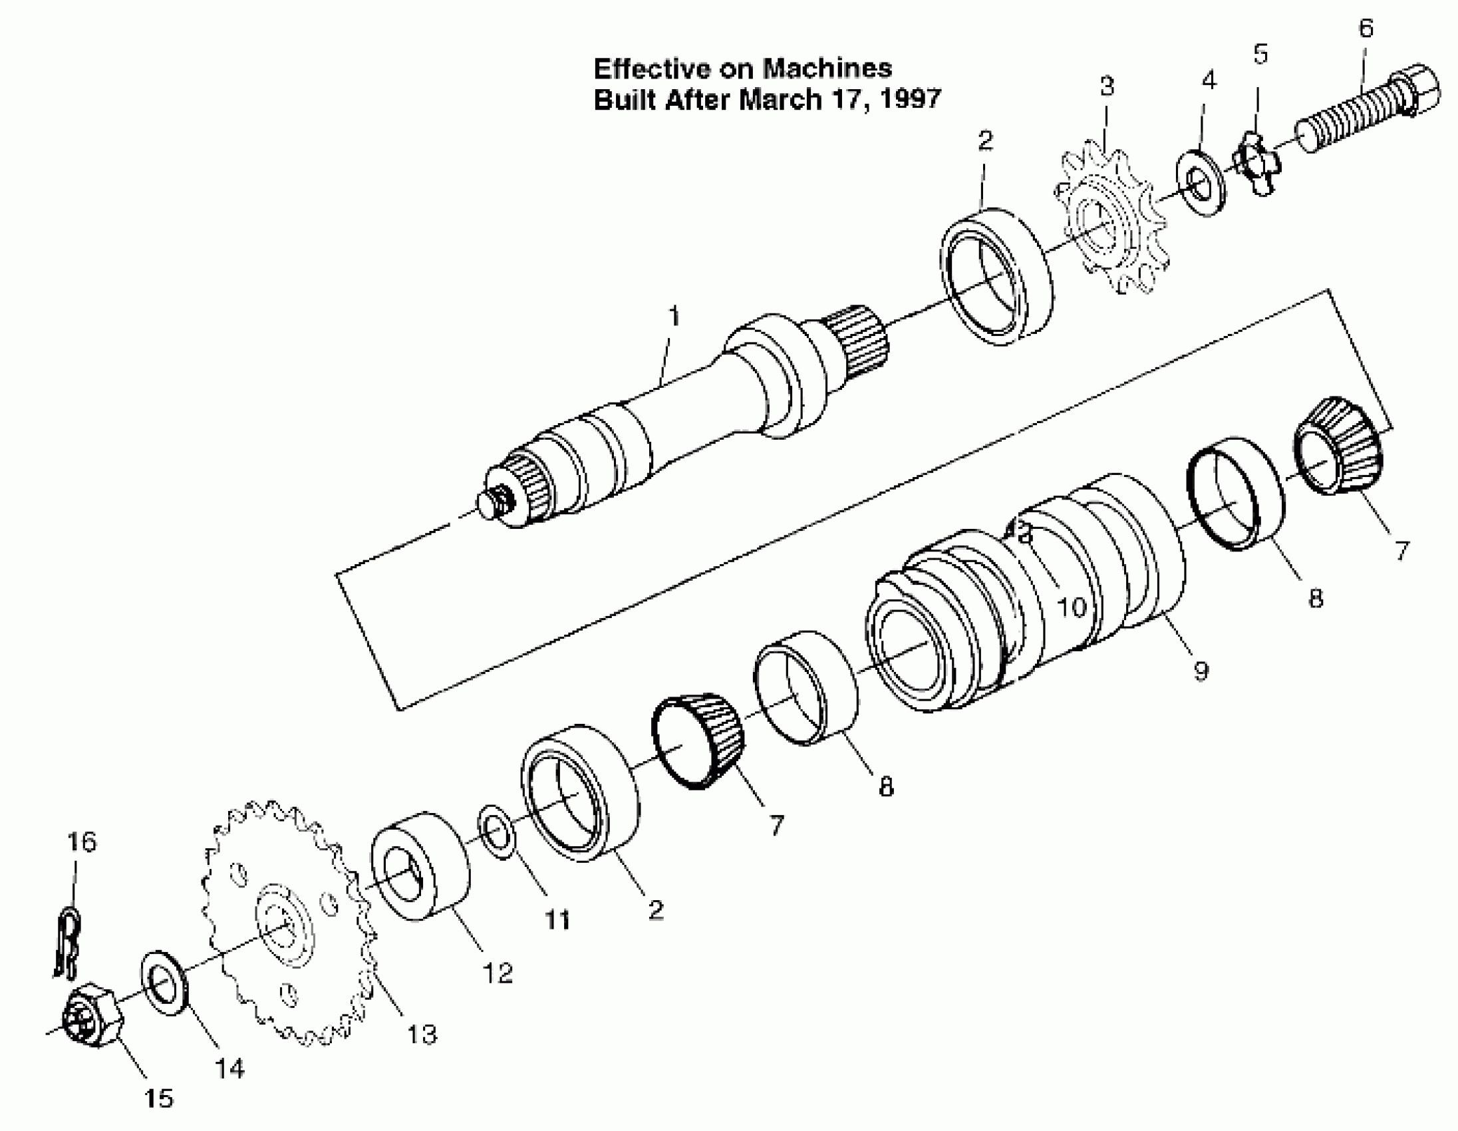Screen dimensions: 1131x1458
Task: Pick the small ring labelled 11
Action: [497, 832]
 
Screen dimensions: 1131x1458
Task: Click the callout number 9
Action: [1201, 671]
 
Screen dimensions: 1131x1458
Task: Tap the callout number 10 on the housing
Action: [1072, 607]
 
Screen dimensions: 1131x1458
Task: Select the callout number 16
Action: [81, 842]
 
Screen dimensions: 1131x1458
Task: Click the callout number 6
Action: [1366, 29]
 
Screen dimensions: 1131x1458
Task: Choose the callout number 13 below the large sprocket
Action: [422, 1035]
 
